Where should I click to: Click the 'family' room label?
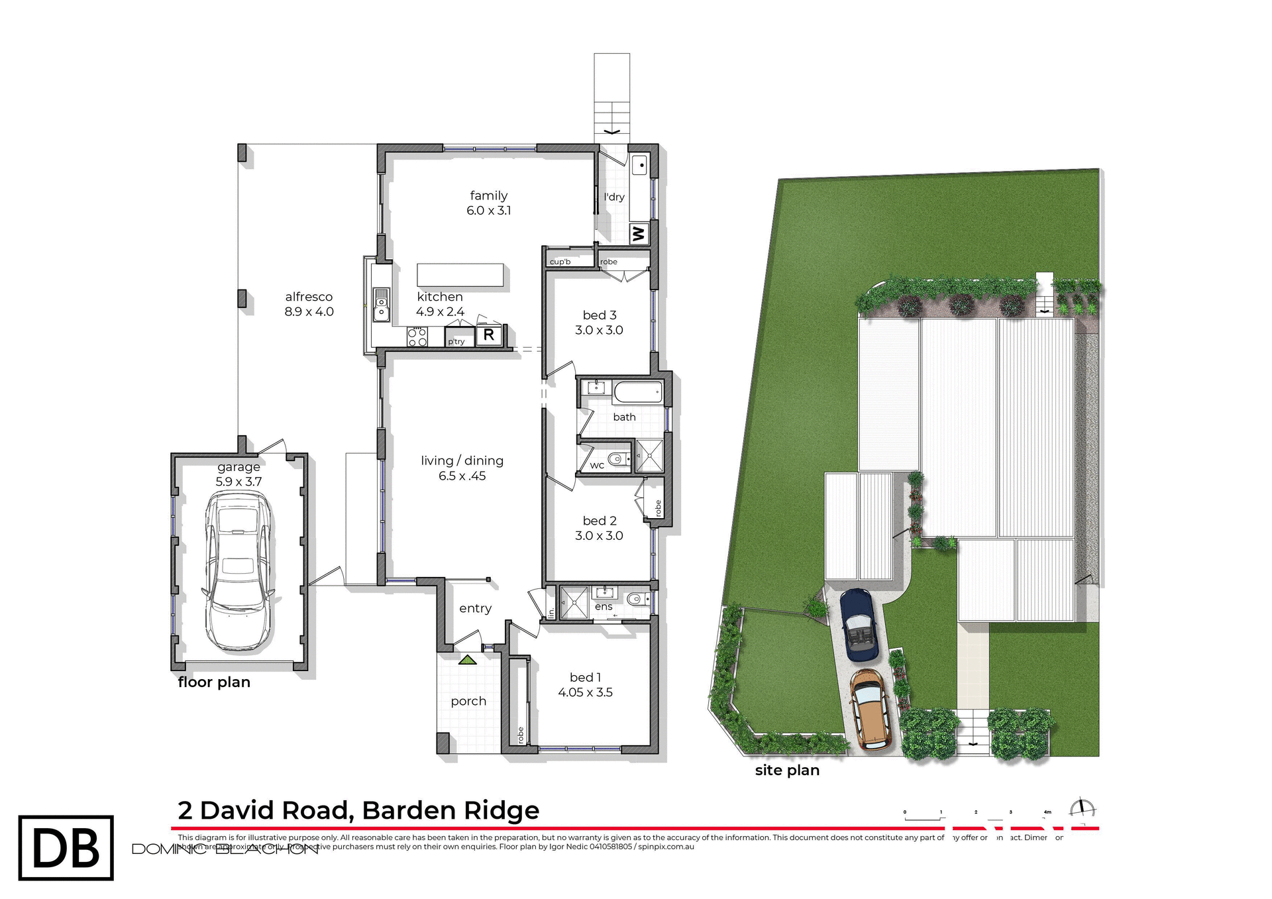point(488,195)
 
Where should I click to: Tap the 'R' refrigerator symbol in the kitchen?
point(489,335)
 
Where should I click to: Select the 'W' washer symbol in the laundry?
point(639,234)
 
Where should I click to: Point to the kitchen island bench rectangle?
point(460,274)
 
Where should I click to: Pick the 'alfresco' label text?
point(309,297)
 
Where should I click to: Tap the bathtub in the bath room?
point(638,392)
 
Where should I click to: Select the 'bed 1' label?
point(585,677)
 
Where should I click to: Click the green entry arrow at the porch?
point(468,660)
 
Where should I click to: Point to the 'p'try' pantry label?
point(456,342)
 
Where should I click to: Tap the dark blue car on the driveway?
point(859,625)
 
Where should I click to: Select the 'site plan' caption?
point(787,770)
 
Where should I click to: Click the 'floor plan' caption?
point(214,682)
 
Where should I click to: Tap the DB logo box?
point(66,848)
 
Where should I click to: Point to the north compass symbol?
point(1082,809)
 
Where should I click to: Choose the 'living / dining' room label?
point(462,460)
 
